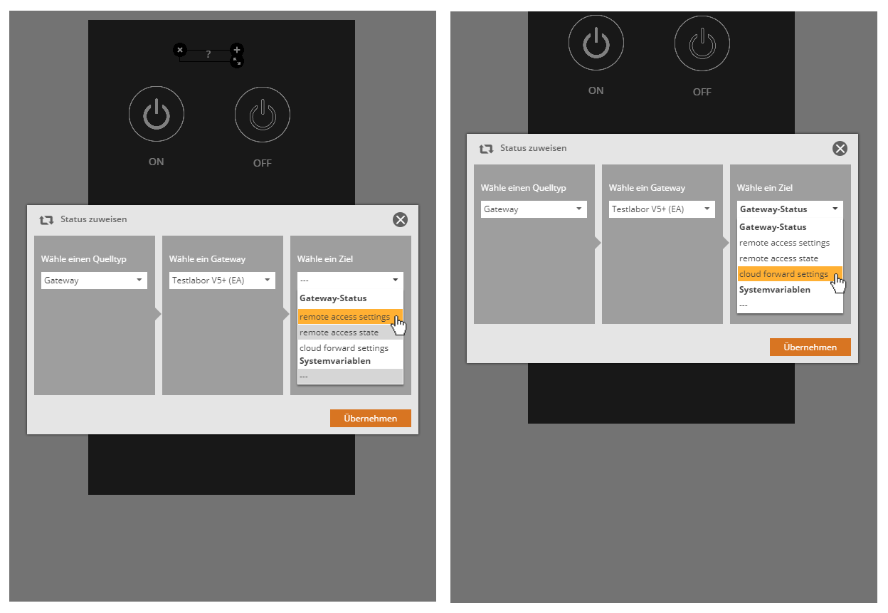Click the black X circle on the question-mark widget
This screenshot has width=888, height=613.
[x=180, y=50]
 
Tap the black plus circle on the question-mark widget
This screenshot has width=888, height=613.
[x=237, y=50]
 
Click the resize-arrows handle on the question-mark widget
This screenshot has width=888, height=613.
[x=237, y=61]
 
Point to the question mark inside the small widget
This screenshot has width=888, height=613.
[x=208, y=54]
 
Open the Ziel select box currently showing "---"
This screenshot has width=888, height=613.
[x=351, y=281]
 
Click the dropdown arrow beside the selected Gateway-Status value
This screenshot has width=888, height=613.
[x=835, y=209]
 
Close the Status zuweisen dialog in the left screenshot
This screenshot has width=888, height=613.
[x=401, y=219]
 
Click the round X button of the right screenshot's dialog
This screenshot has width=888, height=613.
[x=840, y=148]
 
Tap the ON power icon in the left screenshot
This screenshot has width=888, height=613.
[x=157, y=114]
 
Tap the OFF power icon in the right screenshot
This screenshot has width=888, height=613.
[x=702, y=43]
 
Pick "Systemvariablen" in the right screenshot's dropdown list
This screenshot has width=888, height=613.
[x=775, y=290]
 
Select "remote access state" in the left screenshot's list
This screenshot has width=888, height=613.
[x=339, y=332]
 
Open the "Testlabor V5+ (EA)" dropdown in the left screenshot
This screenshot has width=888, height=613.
[x=223, y=281]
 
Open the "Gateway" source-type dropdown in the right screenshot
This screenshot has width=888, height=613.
[x=534, y=209]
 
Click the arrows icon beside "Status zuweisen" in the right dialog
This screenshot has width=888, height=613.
[x=486, y=149]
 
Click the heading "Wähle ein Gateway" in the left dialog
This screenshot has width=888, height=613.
[x=207, y=259]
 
